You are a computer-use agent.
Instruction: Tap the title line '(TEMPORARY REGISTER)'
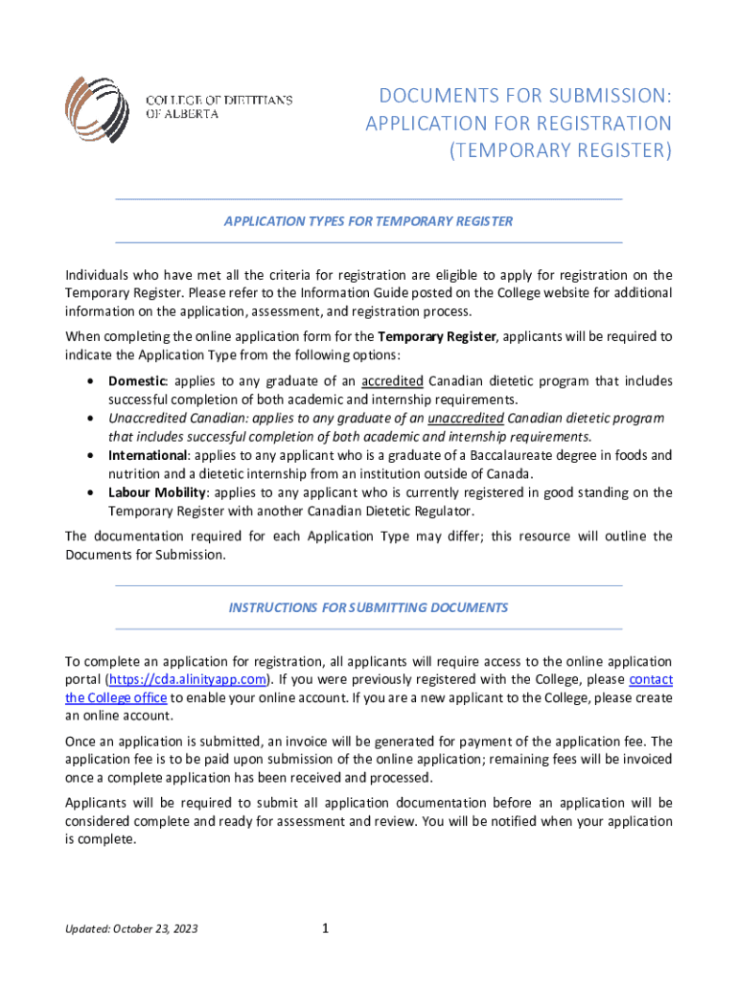point(562,150)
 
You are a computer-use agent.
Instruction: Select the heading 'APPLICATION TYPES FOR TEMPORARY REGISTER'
point(368,221)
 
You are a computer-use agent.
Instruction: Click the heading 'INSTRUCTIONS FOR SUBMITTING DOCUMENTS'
point(368,607)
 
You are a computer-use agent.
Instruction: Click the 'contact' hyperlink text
point(651,679)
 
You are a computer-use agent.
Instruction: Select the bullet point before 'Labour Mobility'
point(90,492)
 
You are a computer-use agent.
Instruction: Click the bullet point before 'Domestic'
point(90,381)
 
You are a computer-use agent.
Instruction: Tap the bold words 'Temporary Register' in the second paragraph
point(437,336)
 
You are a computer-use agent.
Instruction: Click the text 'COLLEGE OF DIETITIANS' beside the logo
point(219,100)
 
